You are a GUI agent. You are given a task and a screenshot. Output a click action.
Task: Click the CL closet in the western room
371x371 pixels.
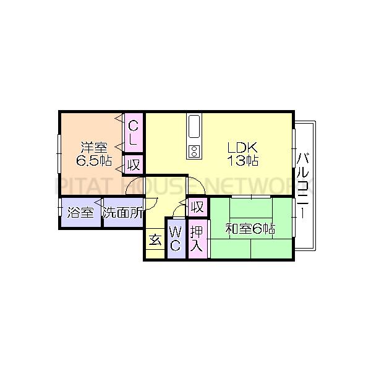[134, 133]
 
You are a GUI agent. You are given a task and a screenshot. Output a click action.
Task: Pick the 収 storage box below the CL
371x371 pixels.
[134, 164]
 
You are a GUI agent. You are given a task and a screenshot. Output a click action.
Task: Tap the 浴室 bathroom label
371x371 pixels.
[80, 213]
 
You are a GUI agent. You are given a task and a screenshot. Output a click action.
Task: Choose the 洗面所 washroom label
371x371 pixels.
[123, 213]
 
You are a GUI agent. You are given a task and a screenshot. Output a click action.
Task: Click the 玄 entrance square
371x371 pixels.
[155, 239]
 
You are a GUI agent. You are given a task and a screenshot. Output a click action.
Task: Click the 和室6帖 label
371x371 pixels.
[250, 229]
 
